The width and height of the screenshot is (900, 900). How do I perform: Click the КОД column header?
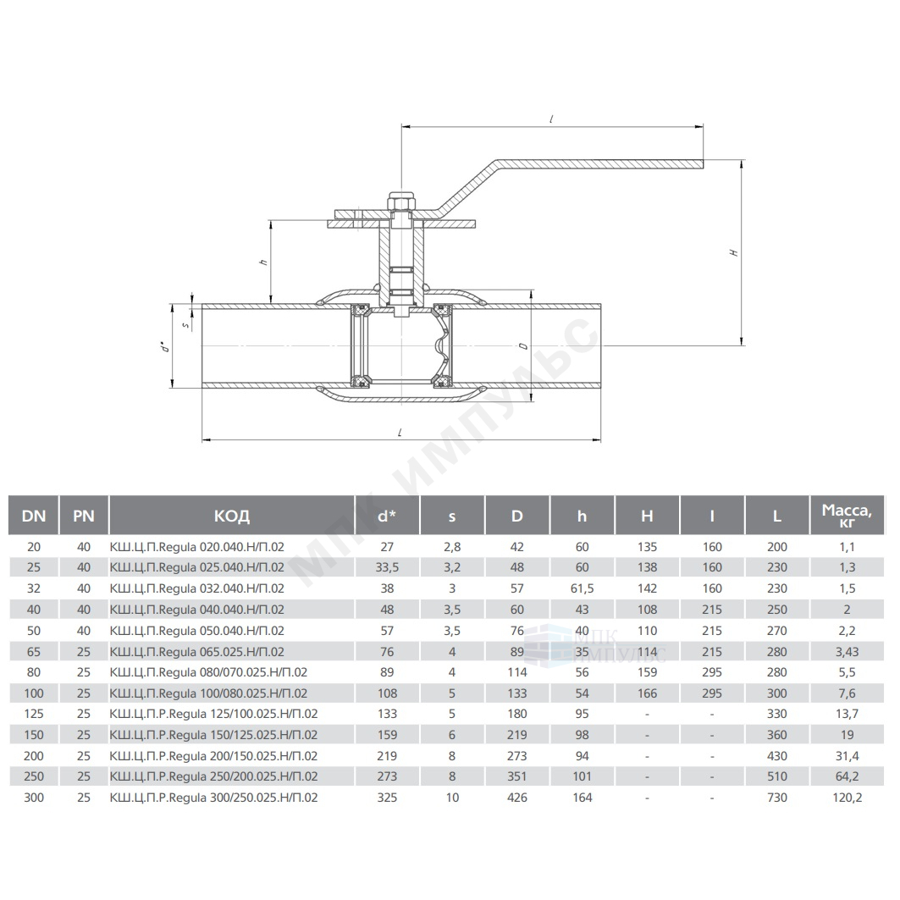[232, 516]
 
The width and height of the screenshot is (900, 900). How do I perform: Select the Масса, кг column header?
[848, 515]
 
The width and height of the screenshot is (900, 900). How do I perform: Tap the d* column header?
[387, 516]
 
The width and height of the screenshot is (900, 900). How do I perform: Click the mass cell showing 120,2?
[848, 798]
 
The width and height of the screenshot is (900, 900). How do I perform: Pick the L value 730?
[777, 798]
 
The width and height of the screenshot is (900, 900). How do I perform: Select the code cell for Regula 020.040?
[197, 547]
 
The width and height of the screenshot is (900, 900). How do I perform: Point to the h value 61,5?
[582, 588]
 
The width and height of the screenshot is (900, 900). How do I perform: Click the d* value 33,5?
[387, 567]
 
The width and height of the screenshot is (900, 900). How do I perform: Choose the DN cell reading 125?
[34, 714]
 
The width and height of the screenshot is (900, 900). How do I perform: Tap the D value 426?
[517, 798]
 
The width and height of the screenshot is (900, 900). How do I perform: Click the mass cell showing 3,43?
[848, 651]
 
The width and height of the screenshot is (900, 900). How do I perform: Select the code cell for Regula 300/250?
[213, 798]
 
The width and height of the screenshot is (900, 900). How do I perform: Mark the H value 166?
[647, 693]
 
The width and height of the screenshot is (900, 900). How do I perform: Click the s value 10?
[452, 798]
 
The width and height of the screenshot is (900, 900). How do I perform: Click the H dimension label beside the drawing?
[734, 252]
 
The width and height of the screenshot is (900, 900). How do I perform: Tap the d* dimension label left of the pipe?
[165, 347]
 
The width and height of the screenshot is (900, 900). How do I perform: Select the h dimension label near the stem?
[265, 262]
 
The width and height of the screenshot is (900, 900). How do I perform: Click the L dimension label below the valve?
[400, 432]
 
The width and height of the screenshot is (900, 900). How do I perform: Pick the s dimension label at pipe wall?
[185, 325]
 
